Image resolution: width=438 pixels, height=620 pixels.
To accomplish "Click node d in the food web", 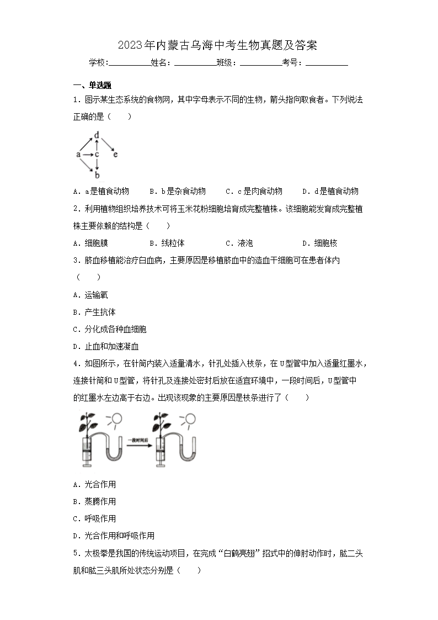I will (x=97, y=135).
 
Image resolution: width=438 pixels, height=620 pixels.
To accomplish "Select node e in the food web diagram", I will (x=115, y=155).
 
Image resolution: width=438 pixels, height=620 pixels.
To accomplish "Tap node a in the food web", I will (x=78, y=155).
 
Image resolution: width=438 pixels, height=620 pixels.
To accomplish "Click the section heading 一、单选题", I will (x=92, y=85).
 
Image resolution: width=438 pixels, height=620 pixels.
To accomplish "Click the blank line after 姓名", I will (x=195, y=63).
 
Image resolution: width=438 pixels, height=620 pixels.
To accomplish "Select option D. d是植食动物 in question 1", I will (x=330, y=191).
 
